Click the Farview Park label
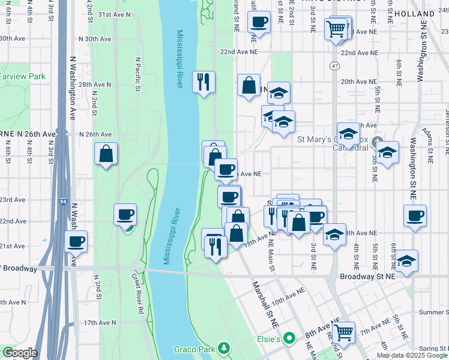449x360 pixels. tap(22, 77)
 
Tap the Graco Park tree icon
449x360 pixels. tap(224, 348)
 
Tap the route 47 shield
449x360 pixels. tap(334, 65)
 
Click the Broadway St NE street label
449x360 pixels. tap(368, 277)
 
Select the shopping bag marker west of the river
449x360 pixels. tap(106, 154)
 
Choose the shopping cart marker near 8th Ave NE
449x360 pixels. tap(343, 331)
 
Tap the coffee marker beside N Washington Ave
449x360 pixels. tap(76, 242)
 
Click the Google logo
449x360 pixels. tap(19, 353)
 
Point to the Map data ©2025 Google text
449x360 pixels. tap(412, 355)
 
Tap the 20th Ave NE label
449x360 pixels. tap(358, 81)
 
